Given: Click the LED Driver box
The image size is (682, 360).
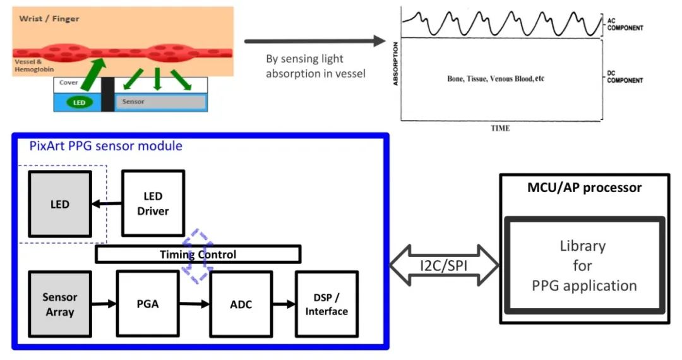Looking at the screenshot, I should tap(153, 203).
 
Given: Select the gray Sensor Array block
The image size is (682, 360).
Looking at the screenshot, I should tap(60, 304).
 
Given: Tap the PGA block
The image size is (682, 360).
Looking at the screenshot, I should tap(147, 304).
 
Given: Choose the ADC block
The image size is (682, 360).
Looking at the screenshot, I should tap(241, 304).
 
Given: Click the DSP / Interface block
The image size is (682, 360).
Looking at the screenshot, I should tap(326, 304).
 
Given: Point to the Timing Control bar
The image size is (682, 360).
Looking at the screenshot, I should tap(198, 255).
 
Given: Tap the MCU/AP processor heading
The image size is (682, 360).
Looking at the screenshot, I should tap(584, 188).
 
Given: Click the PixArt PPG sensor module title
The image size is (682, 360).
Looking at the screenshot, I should tap(105, 146).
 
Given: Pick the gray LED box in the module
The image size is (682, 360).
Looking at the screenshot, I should tap(59, 205).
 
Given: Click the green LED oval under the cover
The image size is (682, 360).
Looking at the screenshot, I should tap(79, 102).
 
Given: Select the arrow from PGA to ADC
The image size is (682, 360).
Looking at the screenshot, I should tap(194, 304).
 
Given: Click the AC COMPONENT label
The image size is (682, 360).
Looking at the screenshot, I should tap(625, 25).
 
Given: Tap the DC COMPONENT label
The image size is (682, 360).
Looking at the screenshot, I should tap(625, 76).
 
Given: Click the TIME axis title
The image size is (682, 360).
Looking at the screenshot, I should tap(500, 128).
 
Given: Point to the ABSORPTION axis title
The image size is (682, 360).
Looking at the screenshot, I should tap(396, 64).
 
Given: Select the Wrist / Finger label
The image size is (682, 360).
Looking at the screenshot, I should tap(49, 19).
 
